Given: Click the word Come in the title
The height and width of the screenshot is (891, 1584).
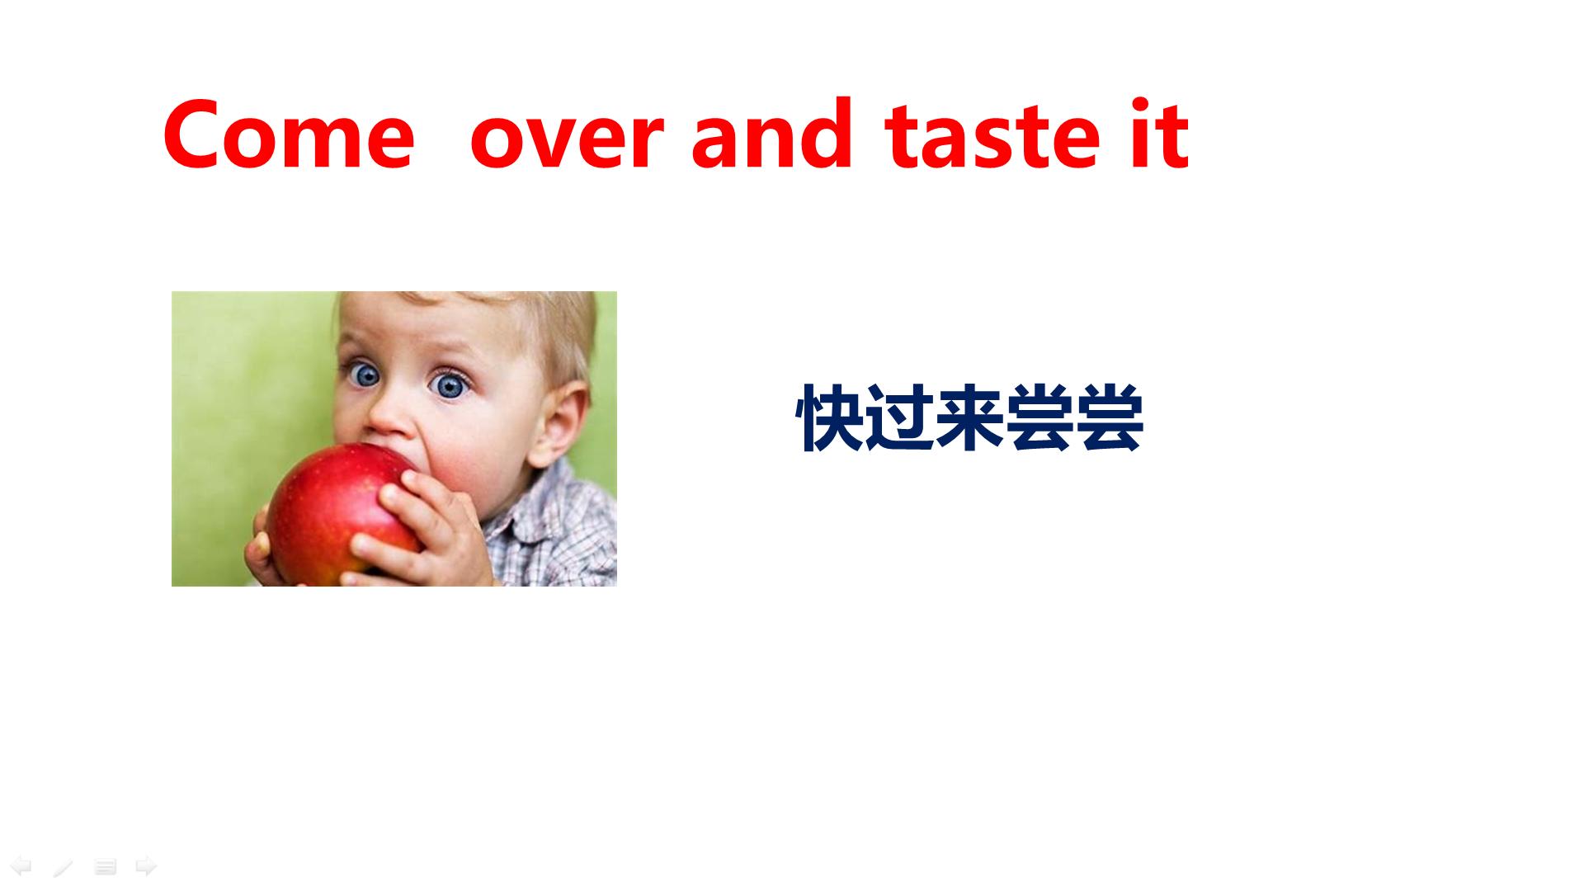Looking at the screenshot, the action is [x=289, y=134].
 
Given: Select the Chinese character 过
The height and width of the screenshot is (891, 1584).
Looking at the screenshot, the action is [x=901, y=418].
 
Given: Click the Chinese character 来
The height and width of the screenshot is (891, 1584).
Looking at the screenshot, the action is [x=970, y=418].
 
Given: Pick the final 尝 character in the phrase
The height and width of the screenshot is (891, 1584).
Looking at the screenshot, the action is [x=1109, y=418].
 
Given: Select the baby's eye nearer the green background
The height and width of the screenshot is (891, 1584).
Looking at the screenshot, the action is [x=362, y=375].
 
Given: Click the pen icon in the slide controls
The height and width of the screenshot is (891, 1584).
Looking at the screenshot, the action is [x=64, y=867].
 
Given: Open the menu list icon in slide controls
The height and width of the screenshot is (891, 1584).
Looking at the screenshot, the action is [x=105, y=867].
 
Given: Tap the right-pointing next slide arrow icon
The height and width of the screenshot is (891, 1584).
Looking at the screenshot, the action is [x=146, y=866].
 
